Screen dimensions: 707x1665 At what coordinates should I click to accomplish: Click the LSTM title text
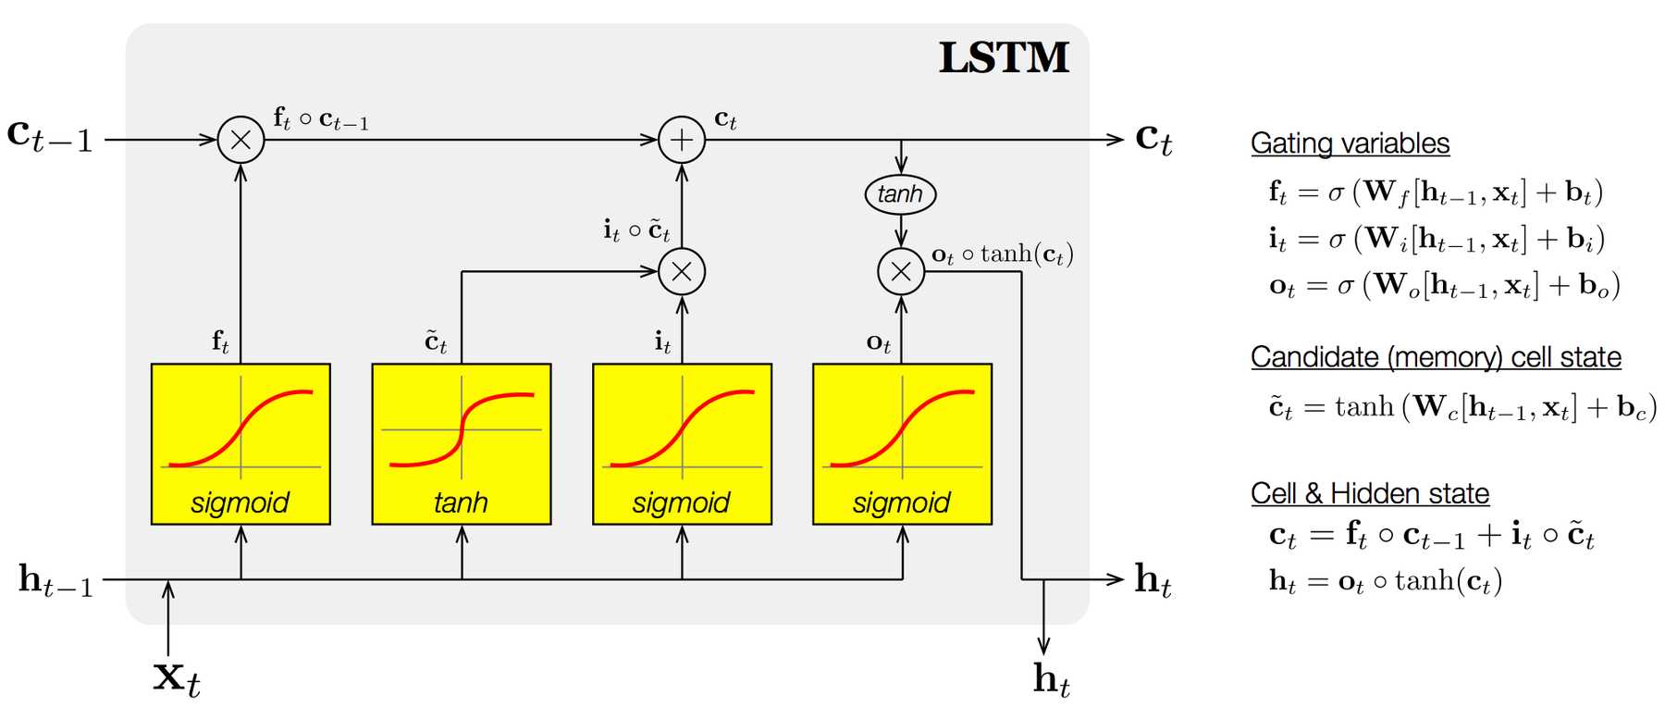tap(1004, 57)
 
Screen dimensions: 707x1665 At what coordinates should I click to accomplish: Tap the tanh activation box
tap(461, 443)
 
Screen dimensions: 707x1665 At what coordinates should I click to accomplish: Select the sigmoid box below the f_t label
tap(240, 443)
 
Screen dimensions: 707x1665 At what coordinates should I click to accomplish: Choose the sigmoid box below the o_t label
tap(902, 443)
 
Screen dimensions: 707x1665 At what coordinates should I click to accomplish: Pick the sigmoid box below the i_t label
tap(682, 443)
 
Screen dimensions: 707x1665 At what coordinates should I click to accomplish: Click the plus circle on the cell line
tap(682, 140)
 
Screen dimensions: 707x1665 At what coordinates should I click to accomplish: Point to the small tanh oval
tap(900, 194)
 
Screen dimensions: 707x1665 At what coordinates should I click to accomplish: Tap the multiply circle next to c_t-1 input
tap(240, 140)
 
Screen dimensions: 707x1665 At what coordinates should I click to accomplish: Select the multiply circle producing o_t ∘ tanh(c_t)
tap(901, 271)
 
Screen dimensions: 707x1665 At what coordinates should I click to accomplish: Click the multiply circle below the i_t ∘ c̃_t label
tap(682, 271)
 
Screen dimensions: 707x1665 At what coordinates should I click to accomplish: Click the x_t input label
tap(176, 677)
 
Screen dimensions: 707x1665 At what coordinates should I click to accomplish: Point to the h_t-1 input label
tap(55, 580)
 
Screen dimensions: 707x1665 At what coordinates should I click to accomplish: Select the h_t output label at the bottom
tap(1052, 680)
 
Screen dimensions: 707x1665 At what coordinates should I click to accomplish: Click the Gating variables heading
tap(1350, 143)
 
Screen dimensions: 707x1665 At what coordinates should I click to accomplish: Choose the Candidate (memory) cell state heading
tap(1436, 357)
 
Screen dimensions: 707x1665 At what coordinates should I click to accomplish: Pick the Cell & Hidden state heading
tap(1370, 493)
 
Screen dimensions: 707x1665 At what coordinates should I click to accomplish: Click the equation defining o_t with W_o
tap(1444, 285)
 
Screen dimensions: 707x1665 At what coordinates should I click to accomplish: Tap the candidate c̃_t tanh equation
tap(1462, 407)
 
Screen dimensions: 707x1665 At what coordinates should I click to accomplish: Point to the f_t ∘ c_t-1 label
tap(321, 119)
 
